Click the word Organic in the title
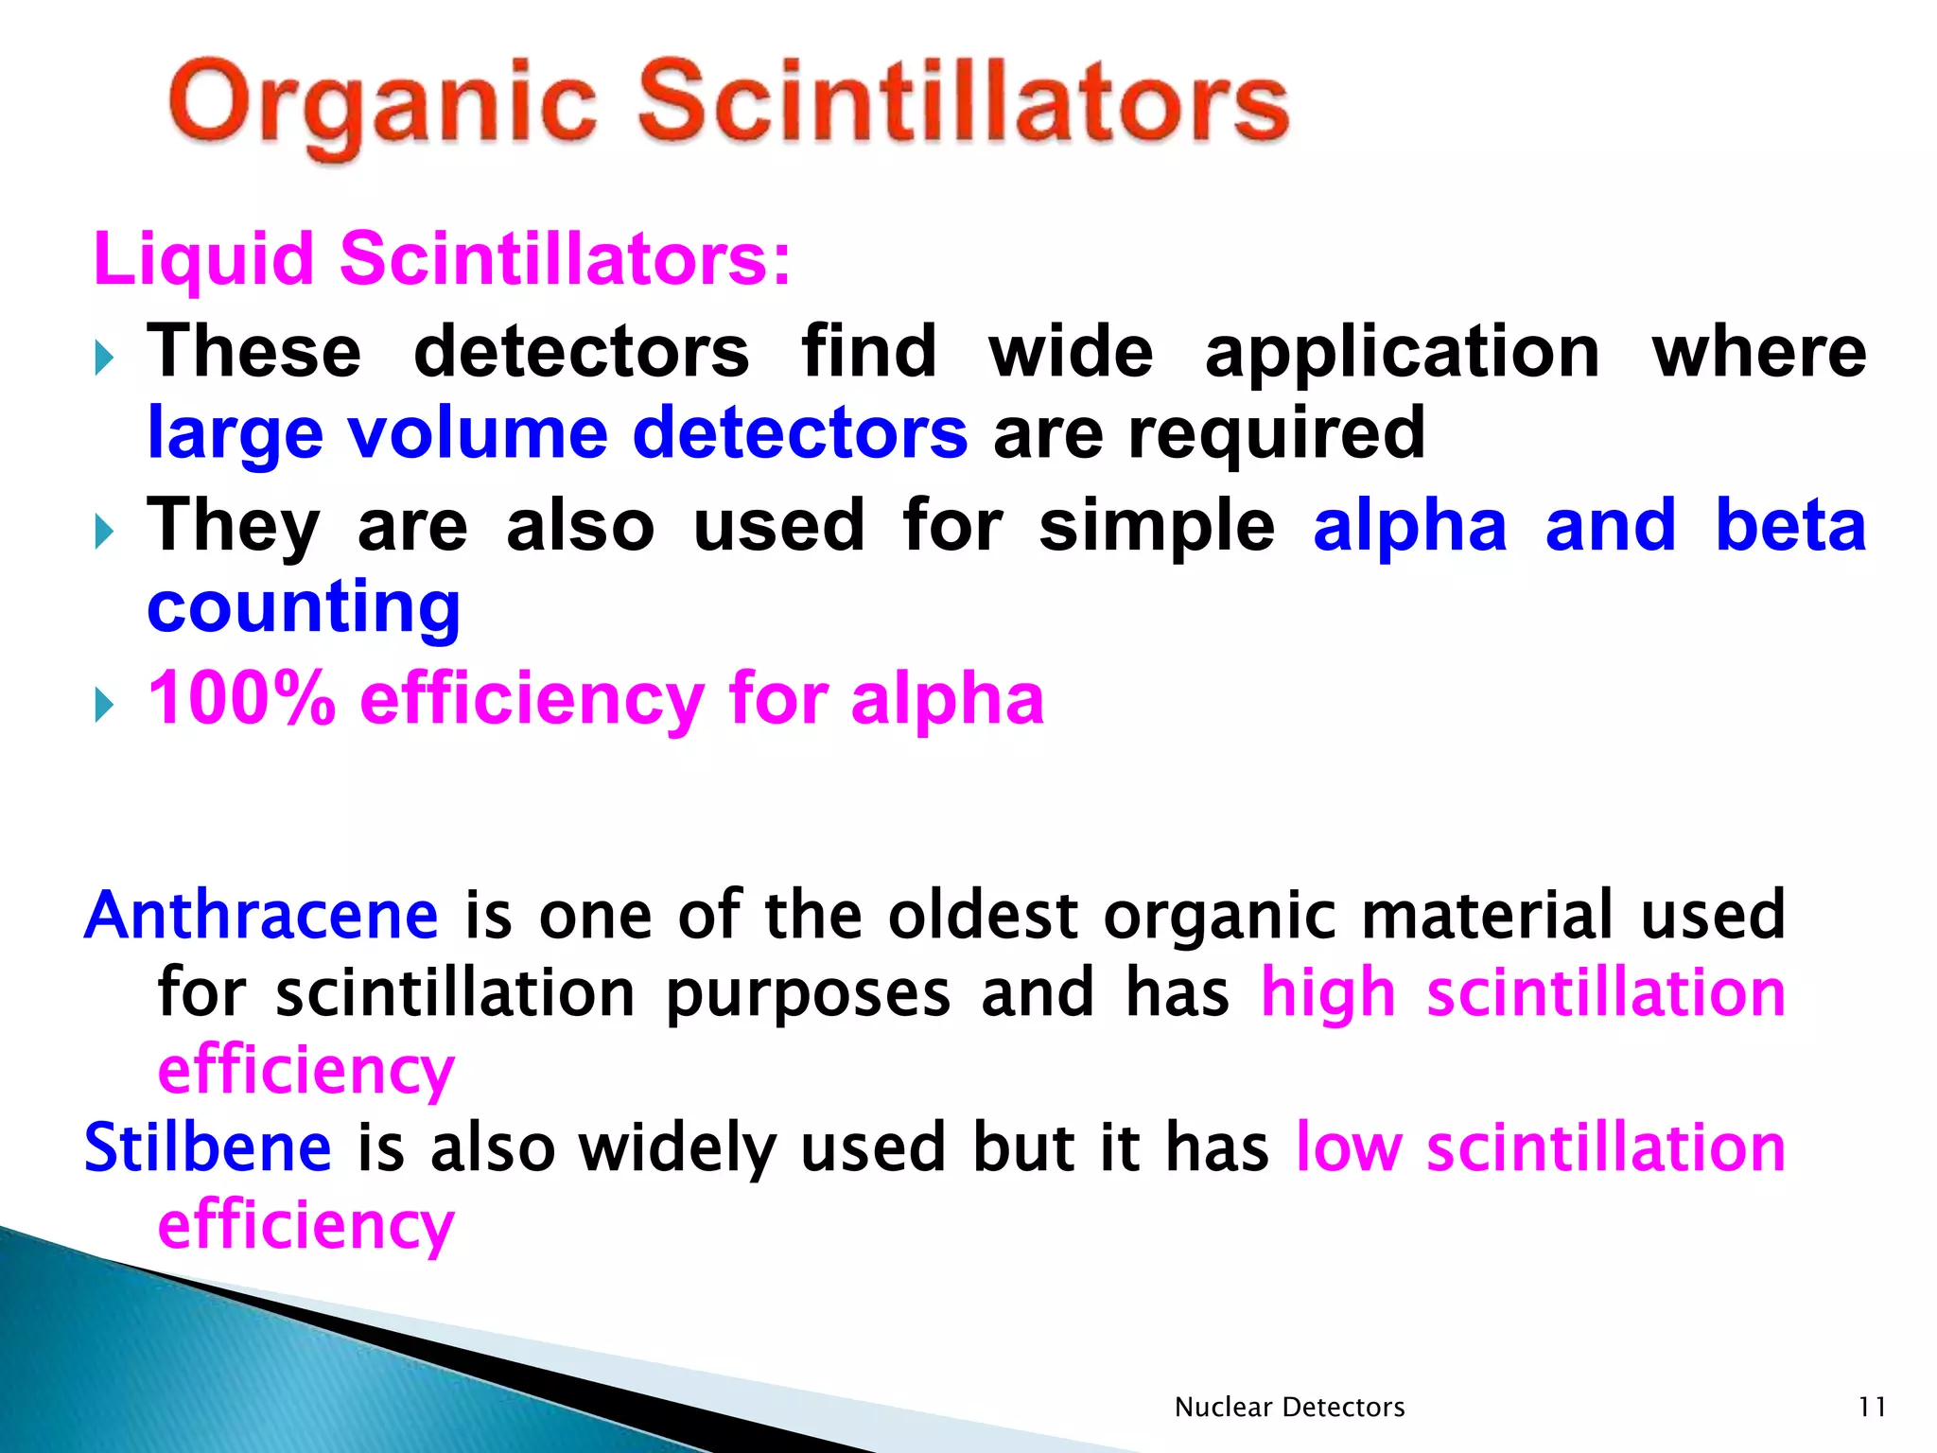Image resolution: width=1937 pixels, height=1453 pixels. point(383,106)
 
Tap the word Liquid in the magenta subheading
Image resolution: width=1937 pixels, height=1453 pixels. point(203,258)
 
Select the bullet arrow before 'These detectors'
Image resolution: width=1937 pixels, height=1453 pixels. point(104,359)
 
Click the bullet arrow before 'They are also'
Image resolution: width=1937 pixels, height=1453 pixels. point(104,532)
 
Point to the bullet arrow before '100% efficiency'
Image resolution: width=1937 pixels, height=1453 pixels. point(104,705)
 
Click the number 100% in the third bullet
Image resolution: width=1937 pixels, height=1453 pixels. point(242,699)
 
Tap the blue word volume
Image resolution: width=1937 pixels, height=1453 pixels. point(478,433)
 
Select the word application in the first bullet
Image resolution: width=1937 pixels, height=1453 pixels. point(1403,352)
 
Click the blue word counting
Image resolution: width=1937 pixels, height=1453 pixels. point(304,609)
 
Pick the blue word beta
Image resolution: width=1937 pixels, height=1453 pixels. point(1790,526)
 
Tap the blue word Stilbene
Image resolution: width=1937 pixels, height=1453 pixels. point(208,1147)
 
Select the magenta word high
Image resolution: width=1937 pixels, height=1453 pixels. point(1329,995)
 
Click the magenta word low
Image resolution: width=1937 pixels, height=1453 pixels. point(1348,1147)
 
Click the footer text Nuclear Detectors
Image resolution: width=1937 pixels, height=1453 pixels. point(1289,1408)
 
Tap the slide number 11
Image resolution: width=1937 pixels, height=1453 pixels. point(1872,1408)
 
